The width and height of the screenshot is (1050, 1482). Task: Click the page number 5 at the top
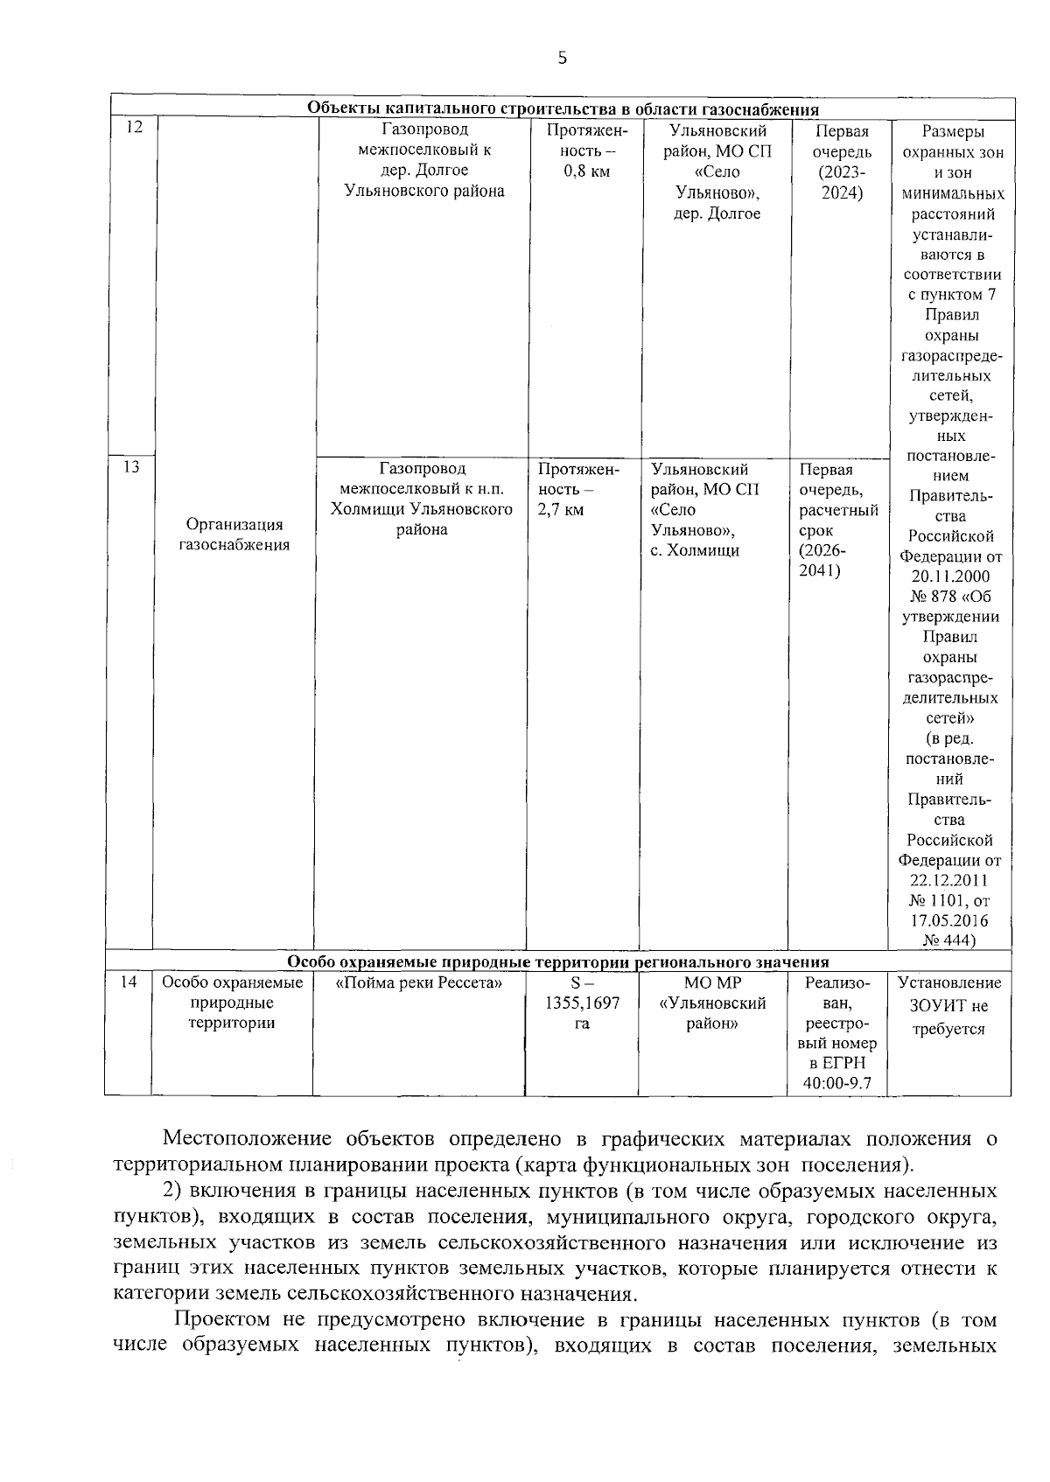562,59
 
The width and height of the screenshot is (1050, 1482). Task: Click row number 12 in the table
134,127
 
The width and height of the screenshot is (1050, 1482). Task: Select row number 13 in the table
131,466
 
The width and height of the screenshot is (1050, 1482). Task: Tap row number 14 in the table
129,982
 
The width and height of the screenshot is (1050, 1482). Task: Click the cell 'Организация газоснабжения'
234,535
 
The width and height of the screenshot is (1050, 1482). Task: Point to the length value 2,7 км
562,510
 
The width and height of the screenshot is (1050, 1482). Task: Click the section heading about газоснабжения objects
563,109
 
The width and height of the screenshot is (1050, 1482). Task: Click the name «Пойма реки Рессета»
419,983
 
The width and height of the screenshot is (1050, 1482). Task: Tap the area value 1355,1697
582,1003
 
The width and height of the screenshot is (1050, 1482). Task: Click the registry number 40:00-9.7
837,1084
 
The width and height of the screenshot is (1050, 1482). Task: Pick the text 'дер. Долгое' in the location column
717,213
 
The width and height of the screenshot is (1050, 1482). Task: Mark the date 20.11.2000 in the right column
950,577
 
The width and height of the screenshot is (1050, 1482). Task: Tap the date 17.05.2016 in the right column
950,920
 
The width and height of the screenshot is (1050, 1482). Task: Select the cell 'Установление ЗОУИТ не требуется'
949,1006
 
